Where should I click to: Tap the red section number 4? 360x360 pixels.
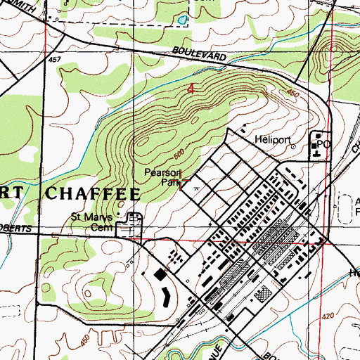pyautogui.click(x=191, y=89)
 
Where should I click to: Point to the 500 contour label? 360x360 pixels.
pyautogui.click(x=179, y=153)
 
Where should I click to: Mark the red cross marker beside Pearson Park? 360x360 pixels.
pyautogui.click(x=183, y=181)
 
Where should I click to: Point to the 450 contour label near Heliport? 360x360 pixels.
pyautogui.click(x=292, y=95)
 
